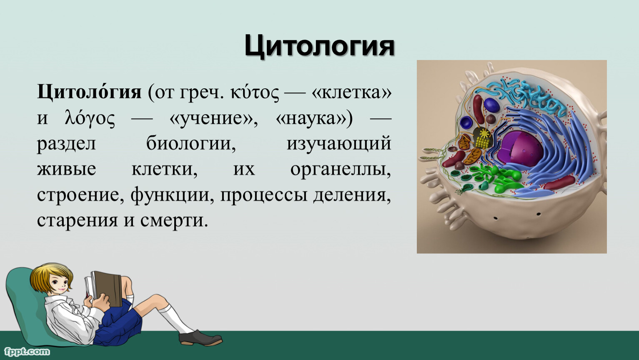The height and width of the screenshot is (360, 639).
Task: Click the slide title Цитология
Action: tap(319, 46)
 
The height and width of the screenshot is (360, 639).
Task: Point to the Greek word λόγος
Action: tap(90, 118)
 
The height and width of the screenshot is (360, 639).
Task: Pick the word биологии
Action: tap(191, 143)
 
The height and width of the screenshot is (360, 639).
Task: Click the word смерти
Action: tap(174, 220)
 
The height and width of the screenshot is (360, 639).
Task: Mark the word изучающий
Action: tap(339, 144)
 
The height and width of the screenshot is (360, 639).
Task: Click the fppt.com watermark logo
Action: tap(27, 351)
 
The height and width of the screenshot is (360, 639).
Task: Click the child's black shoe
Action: tap(200, 338)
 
